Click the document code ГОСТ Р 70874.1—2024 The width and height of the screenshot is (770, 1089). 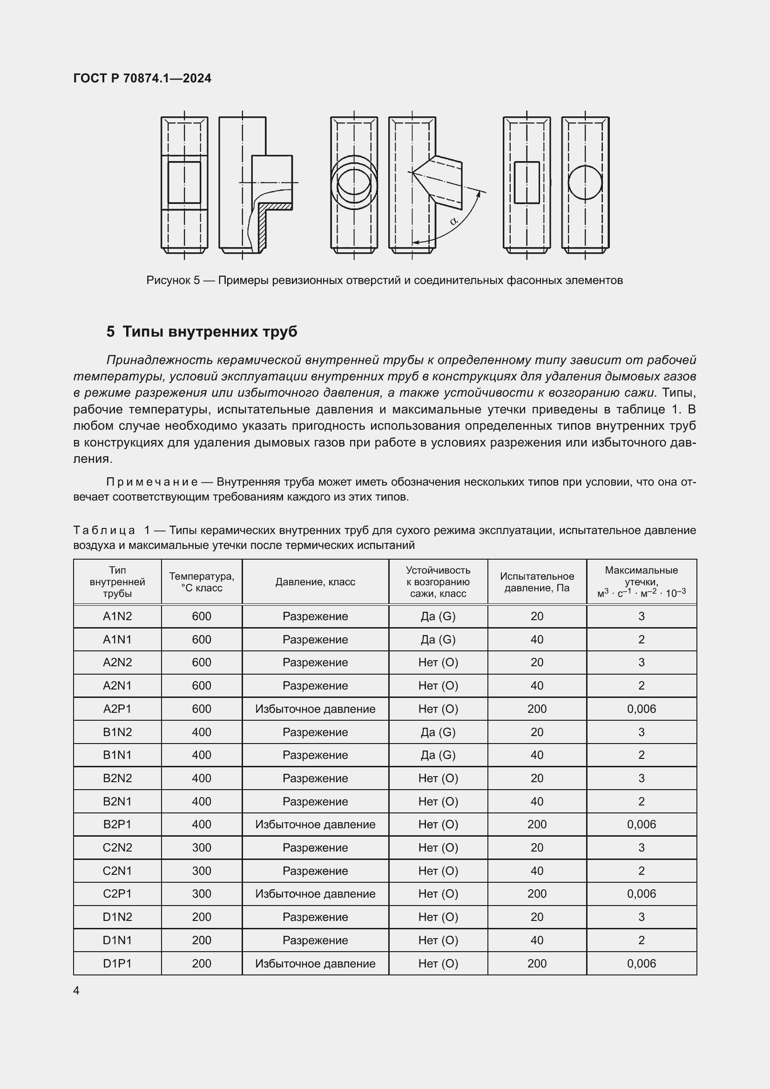142,78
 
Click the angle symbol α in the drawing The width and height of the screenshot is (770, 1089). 453,221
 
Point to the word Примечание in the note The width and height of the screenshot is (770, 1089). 152,482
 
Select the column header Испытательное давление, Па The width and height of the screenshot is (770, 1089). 537,582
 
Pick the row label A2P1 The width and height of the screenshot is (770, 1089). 117,709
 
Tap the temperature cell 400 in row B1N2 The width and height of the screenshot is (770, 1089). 202,732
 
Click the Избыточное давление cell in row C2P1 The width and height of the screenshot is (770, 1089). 315,893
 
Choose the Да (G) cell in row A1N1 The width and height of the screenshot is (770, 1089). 438,639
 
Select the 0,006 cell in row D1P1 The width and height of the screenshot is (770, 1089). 641,963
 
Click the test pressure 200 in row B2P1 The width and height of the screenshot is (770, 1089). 537,825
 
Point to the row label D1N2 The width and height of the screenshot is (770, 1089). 117,917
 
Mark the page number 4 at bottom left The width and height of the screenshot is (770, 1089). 76,990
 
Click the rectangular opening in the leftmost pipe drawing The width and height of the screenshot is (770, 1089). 184,183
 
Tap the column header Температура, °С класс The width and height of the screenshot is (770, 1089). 202,582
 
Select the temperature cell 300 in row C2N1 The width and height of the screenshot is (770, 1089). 202,871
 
